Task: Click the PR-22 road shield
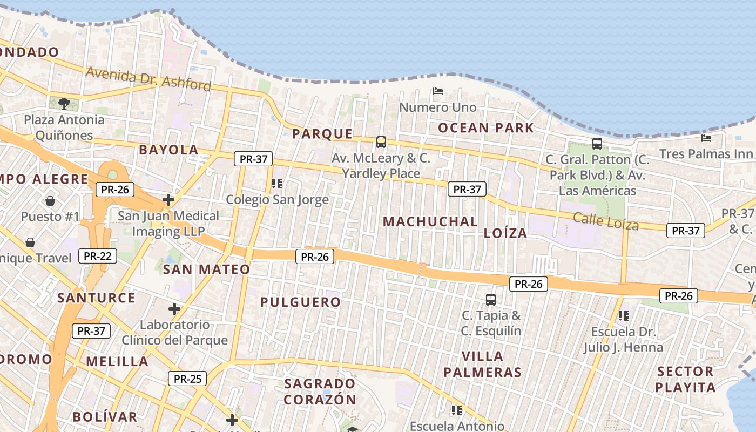point(98,256)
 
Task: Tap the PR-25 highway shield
point(187,379)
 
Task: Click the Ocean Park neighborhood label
point(485,128)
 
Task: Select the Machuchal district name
point(430,221)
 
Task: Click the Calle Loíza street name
point(606,221)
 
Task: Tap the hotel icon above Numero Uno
point(438,91)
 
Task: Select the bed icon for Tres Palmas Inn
point(706,138)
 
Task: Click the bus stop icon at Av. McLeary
point(381,142)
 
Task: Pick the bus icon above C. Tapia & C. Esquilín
point(491,299)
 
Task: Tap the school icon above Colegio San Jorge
point(277,184)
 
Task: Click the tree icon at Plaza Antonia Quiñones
point(64,103)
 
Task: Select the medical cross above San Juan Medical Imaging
point(168,200)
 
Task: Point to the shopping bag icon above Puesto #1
point(50,201)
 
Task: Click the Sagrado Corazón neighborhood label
point(320,391)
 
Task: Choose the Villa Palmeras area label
point(483,364)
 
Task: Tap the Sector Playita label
point(685,379)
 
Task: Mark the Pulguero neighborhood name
point(301,302)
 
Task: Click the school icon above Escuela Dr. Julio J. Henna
point(624,315)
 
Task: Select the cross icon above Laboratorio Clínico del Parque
point(174,309)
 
